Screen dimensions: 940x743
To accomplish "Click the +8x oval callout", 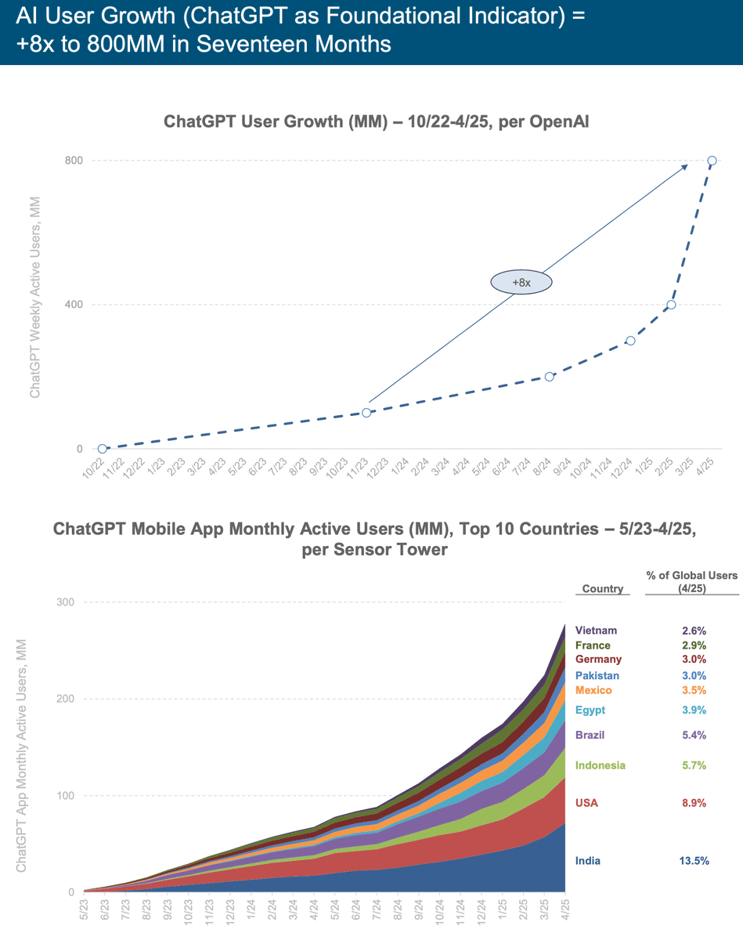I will click(x=521, y=282).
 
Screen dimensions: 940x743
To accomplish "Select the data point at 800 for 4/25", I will click(x=712, y=161).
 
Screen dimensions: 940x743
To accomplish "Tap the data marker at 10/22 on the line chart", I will click(x=103, y=449).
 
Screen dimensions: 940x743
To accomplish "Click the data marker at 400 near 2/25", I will click(x=671, y=305).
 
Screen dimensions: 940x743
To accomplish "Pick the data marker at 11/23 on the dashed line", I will click(x=366, y=413).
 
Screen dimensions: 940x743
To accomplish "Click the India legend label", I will click(x=589, y=860).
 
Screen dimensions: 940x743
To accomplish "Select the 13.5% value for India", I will click(x=694, y=860).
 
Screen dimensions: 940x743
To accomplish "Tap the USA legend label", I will click(x=587, y=802).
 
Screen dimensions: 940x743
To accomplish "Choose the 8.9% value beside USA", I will click(x=694, y=802).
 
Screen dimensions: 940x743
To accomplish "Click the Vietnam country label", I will click(x=596, y=630).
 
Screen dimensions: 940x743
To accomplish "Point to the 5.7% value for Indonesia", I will click(x=694, y=765).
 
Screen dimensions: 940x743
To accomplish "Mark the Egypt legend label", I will click(x=590, y=710).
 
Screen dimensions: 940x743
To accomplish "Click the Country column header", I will click(x=603, y=588).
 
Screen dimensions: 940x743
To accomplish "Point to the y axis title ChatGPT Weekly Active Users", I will click(x=34, y=298).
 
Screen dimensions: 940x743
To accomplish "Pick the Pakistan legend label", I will click(x=597, y=675).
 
